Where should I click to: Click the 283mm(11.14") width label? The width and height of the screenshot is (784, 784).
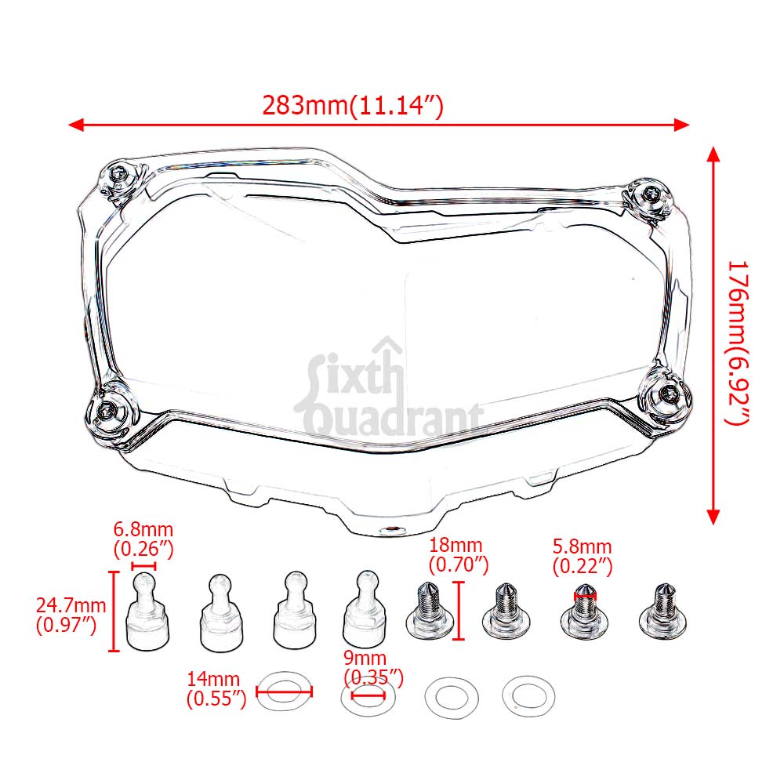pos(353,107)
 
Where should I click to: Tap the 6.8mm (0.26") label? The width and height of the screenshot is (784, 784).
pos(143,539)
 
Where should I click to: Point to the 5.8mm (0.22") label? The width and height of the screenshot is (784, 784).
pos(583,555)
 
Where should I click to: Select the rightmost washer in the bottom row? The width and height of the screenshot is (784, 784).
pos(528,695)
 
